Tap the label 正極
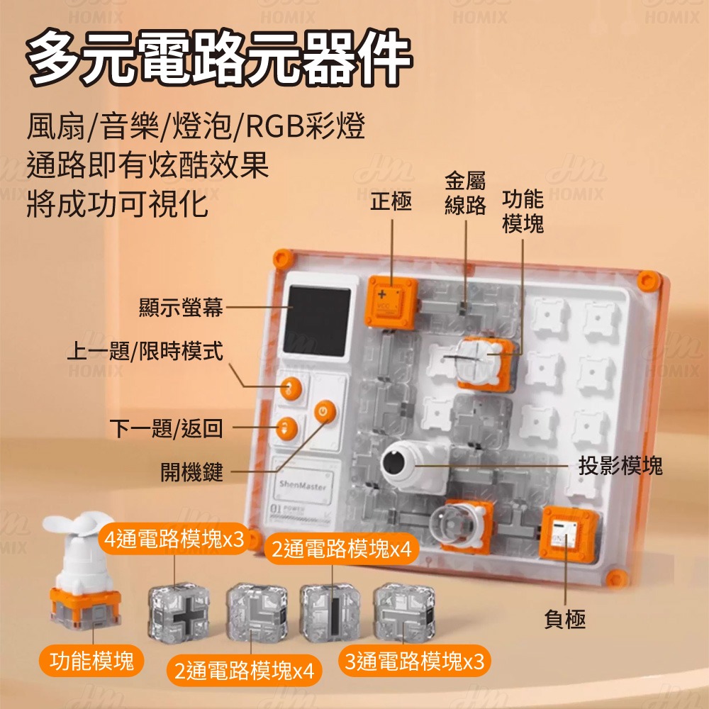coord(391,203)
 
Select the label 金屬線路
coord(465,193)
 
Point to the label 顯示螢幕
coord(181,307)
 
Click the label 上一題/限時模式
coord(145,350)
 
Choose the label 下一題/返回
coord(167,428)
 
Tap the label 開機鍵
coord(191,471)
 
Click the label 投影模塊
coord(620,466)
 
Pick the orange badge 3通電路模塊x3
coord(415,662)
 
